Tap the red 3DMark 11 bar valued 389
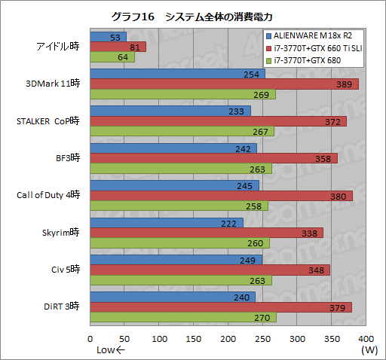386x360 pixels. click(x=224, y=84)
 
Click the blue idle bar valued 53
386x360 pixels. click(x=108, y=36)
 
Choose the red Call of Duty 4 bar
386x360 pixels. click(x=221, y=196)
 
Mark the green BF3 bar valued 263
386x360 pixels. click(x=181, y=169)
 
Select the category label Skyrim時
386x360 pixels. click(x=63, y=233)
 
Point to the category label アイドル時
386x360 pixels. click(x=58, y=47)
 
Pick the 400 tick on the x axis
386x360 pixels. click(x=366, y=339)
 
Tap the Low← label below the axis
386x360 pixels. click(x=111, y=350)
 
